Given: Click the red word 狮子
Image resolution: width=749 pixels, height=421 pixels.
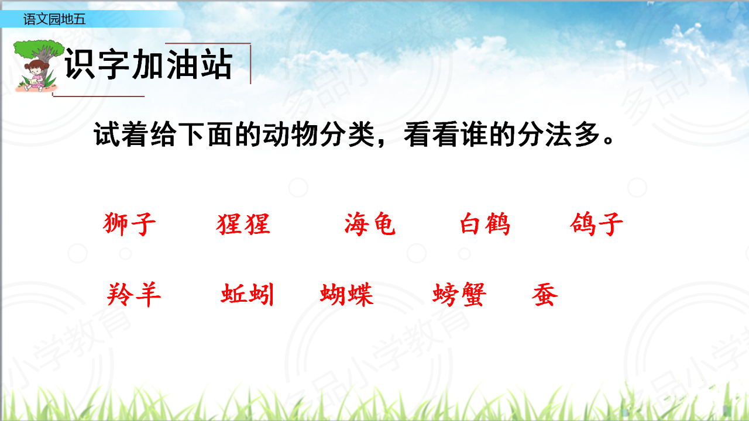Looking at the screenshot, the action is pyautogui.click(x=129, y=224).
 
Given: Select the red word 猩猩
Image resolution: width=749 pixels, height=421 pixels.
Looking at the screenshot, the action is pyautogui.click(x=243, y=224).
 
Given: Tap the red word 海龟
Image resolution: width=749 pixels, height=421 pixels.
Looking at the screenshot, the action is pyautogui.click(x=370, y=224).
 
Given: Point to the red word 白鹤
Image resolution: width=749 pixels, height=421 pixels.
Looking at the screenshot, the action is pyautogui.click(x=485, y=224).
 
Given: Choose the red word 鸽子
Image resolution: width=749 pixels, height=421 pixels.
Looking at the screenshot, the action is pyautogui.click(x=596, y=224).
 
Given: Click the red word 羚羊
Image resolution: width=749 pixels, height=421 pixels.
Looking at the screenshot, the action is pyautogui.click(x=134, y=295).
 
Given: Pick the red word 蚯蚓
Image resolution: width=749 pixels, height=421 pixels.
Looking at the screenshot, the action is pyautogui.click(x=248, y=295).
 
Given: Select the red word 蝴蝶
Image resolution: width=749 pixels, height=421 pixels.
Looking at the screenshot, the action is pyautogui.click(x=347, y=295).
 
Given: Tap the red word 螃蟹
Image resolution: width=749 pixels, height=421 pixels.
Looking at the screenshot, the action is pyautogui.click(x=459, y=295).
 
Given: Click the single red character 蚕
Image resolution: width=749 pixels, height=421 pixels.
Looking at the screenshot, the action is pyautogui.click(x=545, y=295).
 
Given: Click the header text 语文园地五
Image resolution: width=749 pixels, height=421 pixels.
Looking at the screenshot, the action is pyautogui.click(x=54, y=19).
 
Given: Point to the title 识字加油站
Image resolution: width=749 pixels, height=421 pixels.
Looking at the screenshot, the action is pyautogui.click(x=149, y=64).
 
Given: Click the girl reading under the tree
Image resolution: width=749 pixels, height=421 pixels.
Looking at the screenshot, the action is pyautogui.click(x=36, y=76).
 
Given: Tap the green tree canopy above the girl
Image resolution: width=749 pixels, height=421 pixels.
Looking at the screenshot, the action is pyautogui.click(x=39, y=49).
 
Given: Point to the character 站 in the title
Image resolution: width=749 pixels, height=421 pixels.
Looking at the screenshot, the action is pyautogui.click(x=217, y=64).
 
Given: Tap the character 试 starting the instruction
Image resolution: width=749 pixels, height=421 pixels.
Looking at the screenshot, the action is pyautogui.click(x=106, y=134).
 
